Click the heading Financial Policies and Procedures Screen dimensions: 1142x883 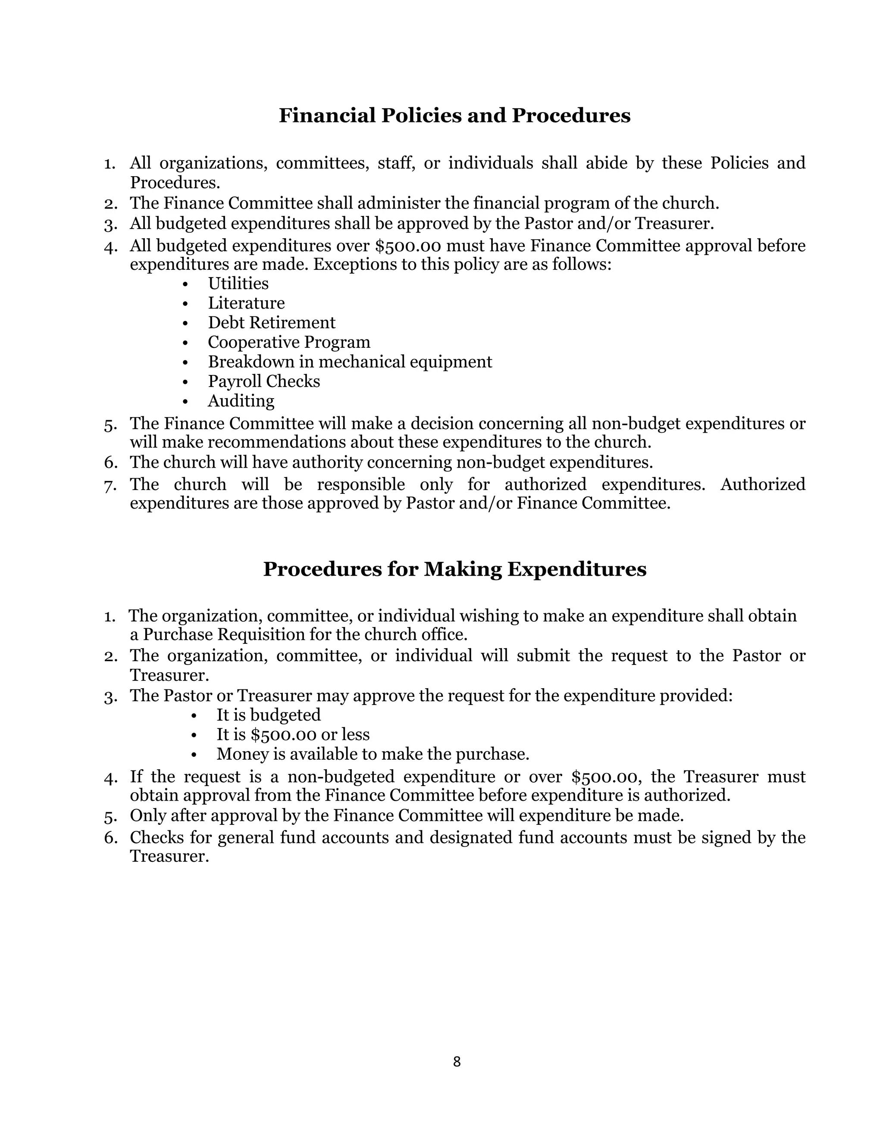[454, 115]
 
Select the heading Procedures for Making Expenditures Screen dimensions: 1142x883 [454, 569]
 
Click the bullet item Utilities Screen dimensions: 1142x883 [238, 284]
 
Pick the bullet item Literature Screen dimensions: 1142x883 [246, 303]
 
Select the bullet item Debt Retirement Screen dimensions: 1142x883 [272, 323]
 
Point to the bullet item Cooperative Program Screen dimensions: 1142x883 [289, 342]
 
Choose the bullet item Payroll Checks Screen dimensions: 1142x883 [263, 381]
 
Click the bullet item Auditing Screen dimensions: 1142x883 [241, 401]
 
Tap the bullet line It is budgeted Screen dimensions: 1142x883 [268, 715]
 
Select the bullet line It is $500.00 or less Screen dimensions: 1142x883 [293, 735]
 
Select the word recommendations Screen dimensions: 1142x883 [276, 443]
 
